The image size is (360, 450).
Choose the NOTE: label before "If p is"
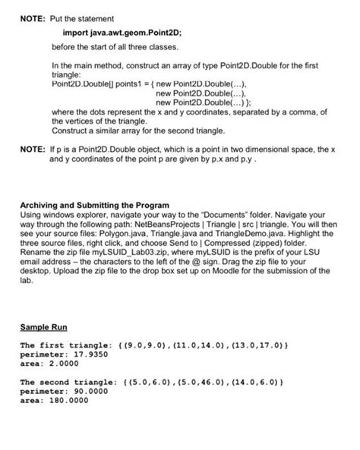pyautogui.click(x=31, y=150)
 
